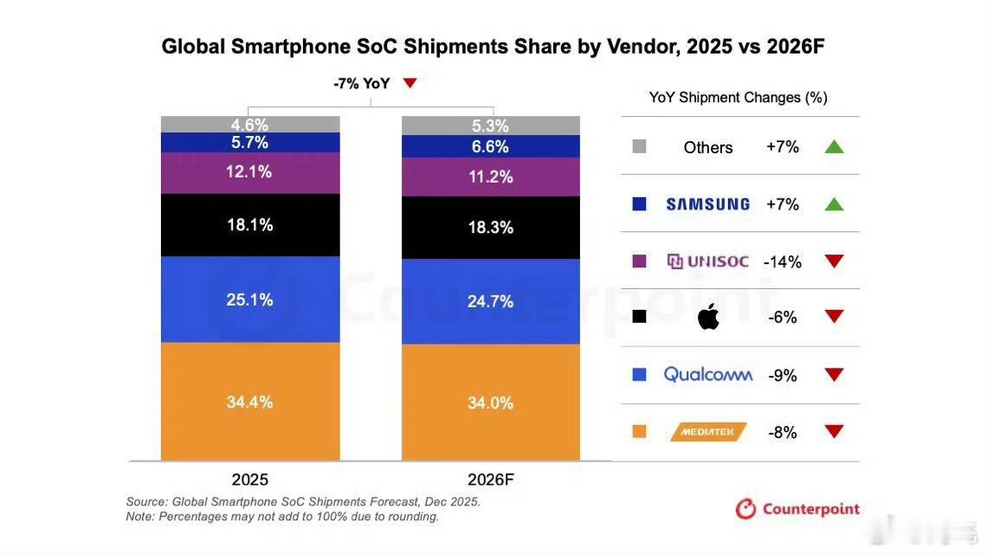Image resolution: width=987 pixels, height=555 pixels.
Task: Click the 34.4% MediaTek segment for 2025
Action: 249,402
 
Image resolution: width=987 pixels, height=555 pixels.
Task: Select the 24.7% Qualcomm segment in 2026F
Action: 490,301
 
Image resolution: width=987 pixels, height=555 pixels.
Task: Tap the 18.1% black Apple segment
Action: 249,225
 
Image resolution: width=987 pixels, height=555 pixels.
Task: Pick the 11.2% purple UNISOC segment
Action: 490,177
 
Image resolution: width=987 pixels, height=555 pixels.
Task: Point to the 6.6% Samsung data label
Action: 490,147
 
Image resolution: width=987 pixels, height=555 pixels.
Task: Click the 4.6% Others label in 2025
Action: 249,125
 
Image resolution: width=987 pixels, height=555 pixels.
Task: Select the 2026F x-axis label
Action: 490,480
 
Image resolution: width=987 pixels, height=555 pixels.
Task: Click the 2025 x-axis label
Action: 249,480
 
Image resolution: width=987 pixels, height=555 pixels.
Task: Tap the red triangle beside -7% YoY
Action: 410,83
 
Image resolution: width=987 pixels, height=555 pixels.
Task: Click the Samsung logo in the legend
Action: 707,204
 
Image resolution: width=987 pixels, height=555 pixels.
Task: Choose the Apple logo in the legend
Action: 708,317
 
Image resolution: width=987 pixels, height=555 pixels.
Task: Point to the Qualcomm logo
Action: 707,375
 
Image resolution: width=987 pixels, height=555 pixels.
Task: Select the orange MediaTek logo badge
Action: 707,432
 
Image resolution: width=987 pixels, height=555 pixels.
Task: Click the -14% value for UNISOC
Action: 783,261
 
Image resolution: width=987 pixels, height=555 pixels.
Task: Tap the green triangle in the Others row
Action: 834,147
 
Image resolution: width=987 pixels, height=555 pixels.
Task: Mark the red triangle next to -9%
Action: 834,375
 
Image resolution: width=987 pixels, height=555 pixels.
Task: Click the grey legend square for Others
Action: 640,147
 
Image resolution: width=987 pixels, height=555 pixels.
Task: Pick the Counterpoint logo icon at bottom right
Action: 745,509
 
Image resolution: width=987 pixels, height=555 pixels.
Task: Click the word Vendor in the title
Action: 635,47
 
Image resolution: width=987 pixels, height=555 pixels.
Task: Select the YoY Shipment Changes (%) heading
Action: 738,98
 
